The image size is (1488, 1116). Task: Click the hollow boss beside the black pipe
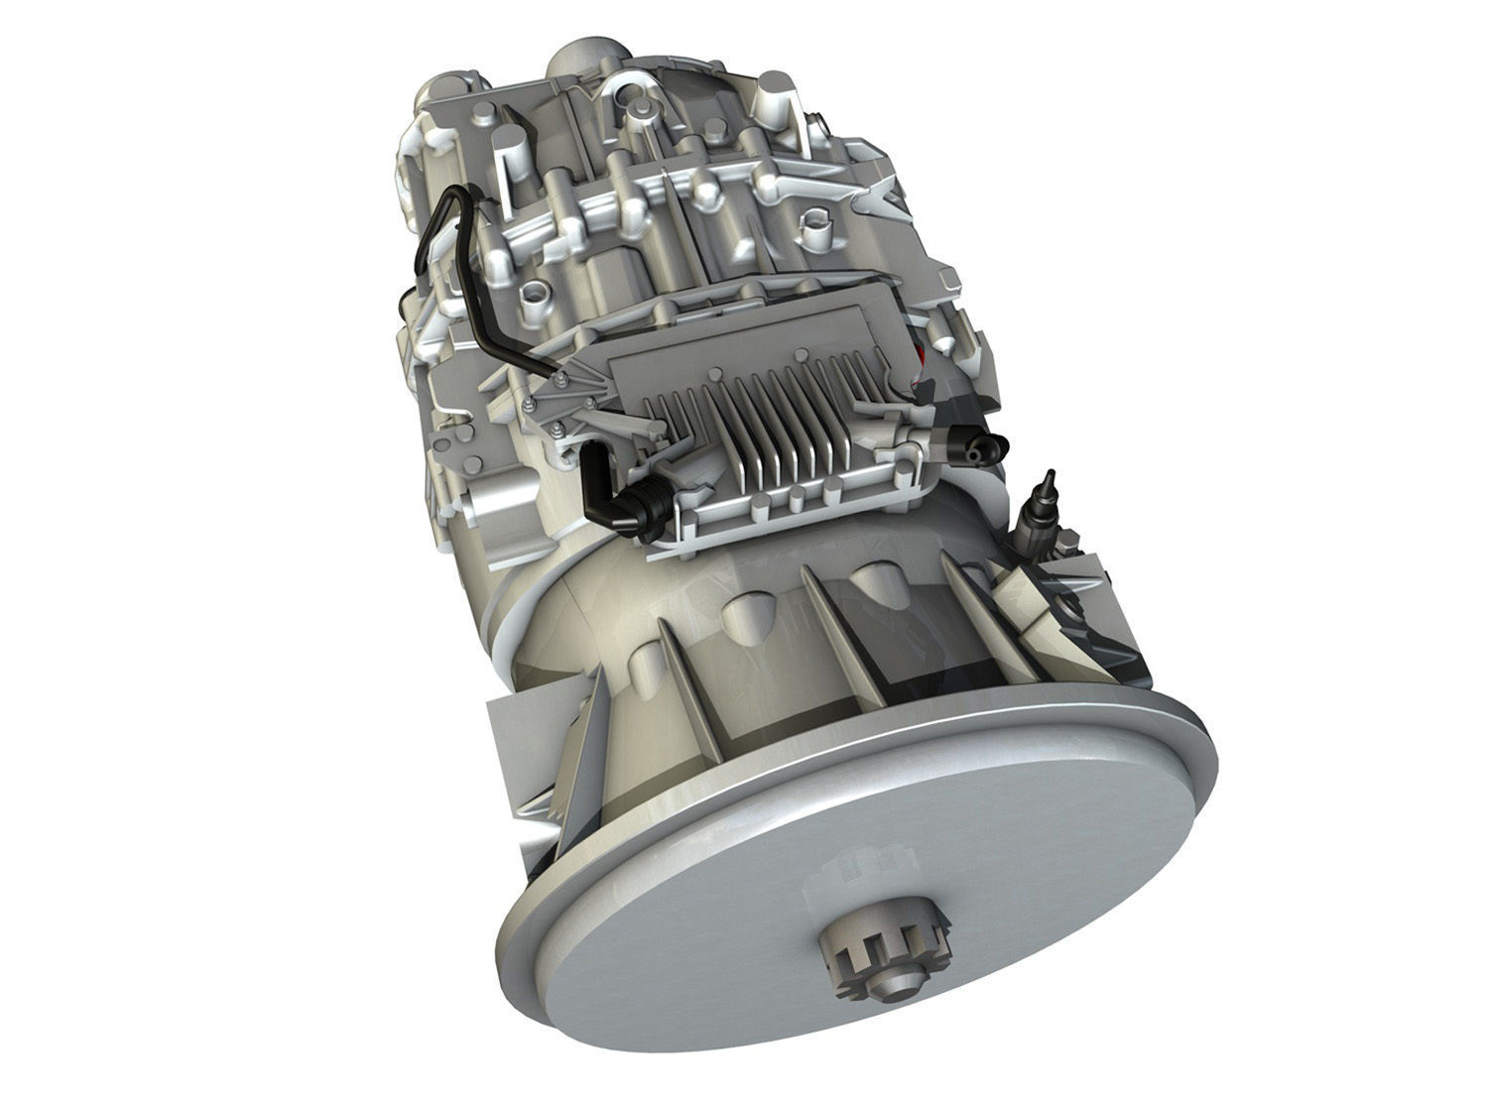534,293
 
